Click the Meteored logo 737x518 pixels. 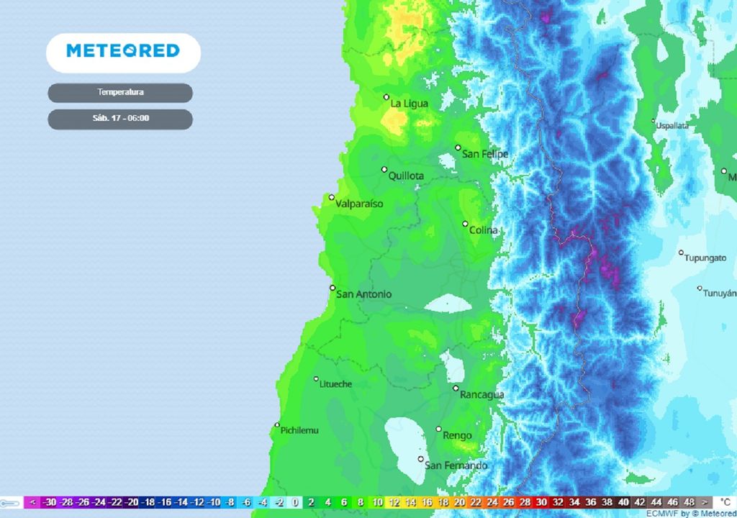pyautogui.click(x=123, y=51)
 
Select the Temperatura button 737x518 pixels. pyautogui.click(x=120, y=93)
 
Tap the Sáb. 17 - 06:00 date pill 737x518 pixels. pyautogui.click(x=120, y=119)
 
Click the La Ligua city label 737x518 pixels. pyautogui.click(x=409, y=104)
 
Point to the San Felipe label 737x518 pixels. pyautogui.click(x=484, y=154)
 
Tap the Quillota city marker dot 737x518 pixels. pyautogui.click(x=384, y=170)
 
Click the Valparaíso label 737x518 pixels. pyautogui.click(x=359, y=204)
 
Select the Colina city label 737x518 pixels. pyautogui.click(x=483, y=230)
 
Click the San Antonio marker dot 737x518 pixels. pyautogui.click(x=333, y=288)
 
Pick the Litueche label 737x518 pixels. pyautogui.click(x=335, y=384)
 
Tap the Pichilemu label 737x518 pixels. pyautogui.click(x=299, y=430)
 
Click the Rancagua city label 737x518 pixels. pyautogui.click(x=482, y=394)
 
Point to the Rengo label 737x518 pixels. pyautogui.click(x=457, y=435)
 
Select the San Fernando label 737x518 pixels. pyautogui.click(x=456, y=465)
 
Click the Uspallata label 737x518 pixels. pyautogui.click(x=672, y=126)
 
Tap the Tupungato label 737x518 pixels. pyautogui.click(x=705, y=258)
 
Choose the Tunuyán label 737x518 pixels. pyautogui.click(x=720, y=294)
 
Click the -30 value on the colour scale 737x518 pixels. pyautogui.click(x=50, y=502)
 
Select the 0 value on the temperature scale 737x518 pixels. pyautogui.click(x=295, y=502)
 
